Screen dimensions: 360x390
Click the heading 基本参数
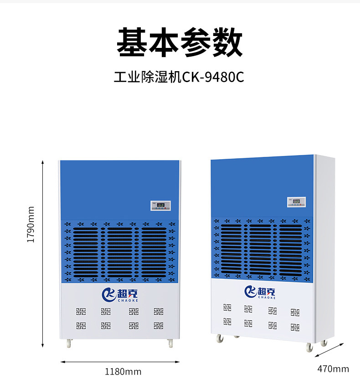click(180, 42)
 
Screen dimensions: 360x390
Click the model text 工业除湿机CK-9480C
click(179, 77)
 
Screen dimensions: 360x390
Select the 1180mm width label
click(123, 372)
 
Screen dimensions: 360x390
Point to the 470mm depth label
click(333, 369)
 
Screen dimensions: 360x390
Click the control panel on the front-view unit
click(161, 206)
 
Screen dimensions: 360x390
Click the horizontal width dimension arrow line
click(120, 362)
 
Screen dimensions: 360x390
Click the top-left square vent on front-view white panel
click(80, 312)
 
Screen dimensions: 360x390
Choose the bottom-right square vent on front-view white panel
click(159, 326)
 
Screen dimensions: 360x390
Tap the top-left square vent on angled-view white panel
click(227, 307)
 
